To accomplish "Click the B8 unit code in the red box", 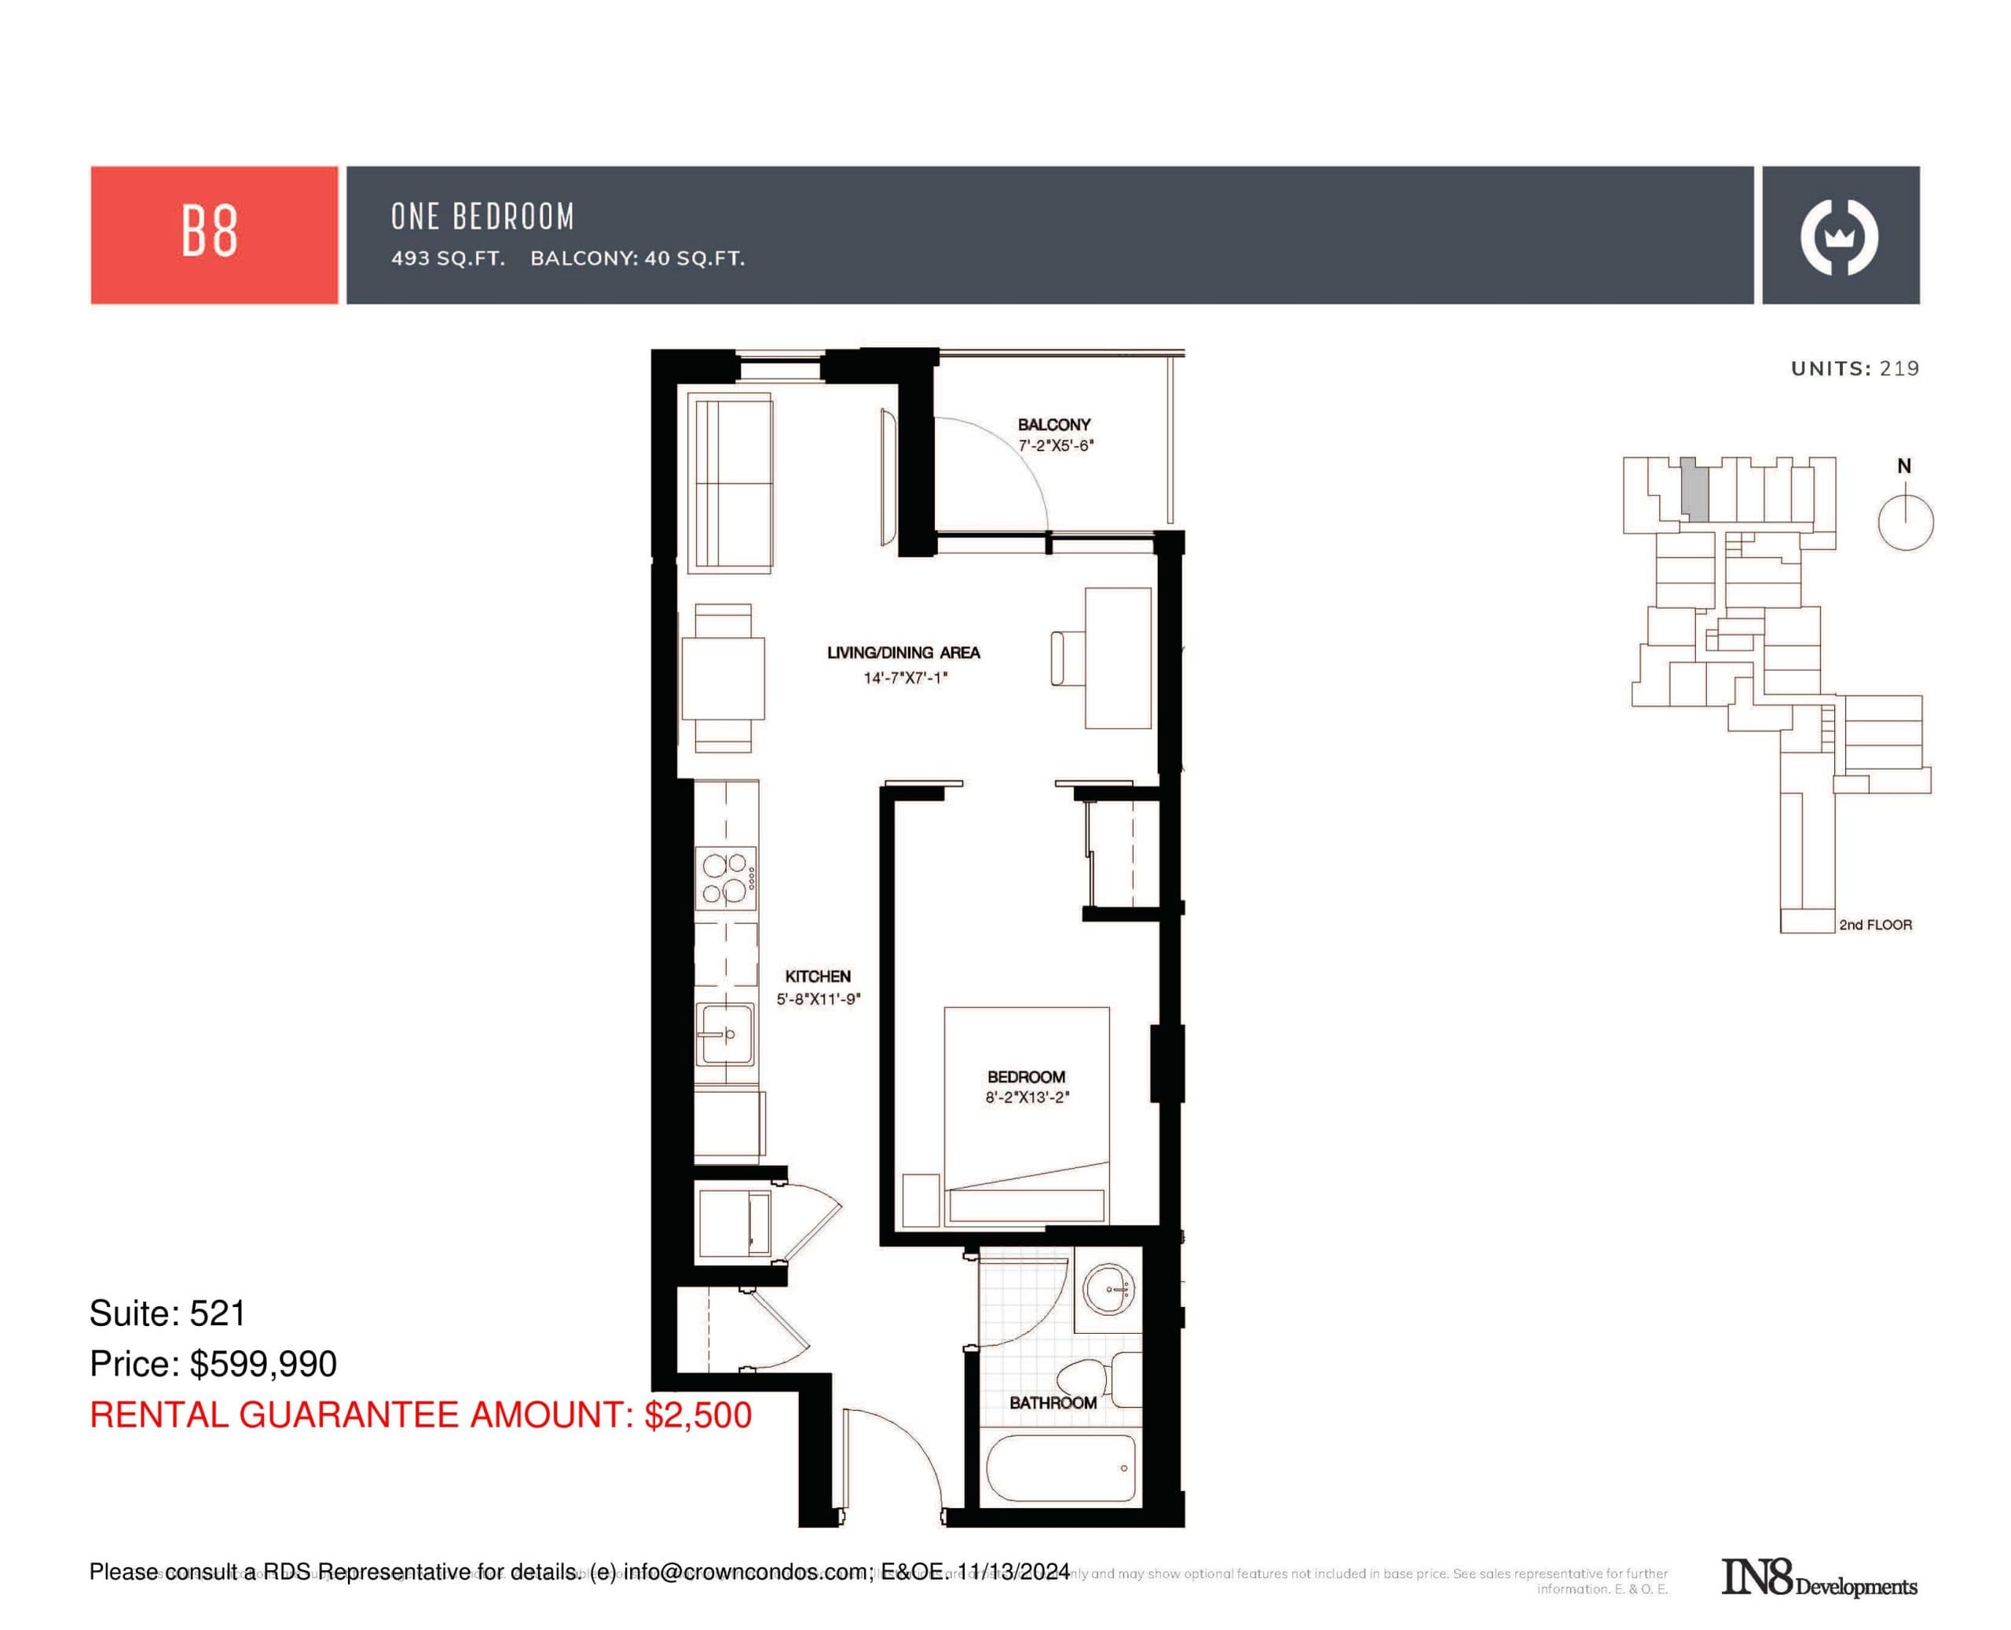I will pos(210,232).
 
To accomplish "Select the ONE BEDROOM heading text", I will pos(482,217).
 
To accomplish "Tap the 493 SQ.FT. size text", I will pos(448,258).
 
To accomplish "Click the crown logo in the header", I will pos(1838,236).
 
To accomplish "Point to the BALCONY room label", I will pos(1053,424).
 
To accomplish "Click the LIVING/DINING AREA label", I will pos(903,653).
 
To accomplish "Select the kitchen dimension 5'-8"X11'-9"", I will pos(818,1000).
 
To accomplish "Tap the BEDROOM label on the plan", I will pos(1025,1077).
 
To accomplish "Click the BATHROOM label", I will pos(1053,1403).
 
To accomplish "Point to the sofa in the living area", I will pos(730,482).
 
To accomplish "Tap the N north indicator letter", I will pos(1903,466).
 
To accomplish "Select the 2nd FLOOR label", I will pos(1874,925).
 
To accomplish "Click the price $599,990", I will pos(263,1364).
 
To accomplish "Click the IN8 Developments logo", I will pos(1818,1578).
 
